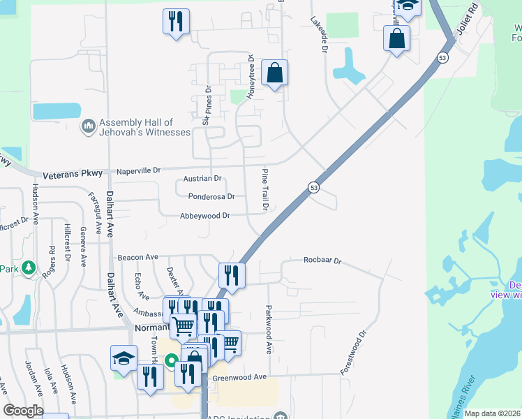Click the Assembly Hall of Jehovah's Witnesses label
pyautogui.click(x=144, y=127)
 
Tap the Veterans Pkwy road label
pyautogui.click(x=73, y=174)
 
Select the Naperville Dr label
pyautogui.click(x=137, y=170)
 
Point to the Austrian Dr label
pyautogui.click(x=202, y=179)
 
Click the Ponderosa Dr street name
pyautogui.click(x=211, y=197)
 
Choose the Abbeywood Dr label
pyautogui.click(x=204, y=216)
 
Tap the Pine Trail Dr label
pyautogui.click(x=265, y=189)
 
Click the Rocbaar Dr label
pyautogui.click(x=322, y=261)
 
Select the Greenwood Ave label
pyautogui.click(x=241, y=377)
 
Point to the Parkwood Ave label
pyautogui.click(x=269, y=329)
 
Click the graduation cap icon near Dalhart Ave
pyautogui.click(x=124, y=358)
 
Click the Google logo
pyautogui.click(x=23, y=411)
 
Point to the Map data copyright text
pyautogui.click(x=491, y=413)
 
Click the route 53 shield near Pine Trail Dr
pyautogui.click(x=314, y=187)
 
